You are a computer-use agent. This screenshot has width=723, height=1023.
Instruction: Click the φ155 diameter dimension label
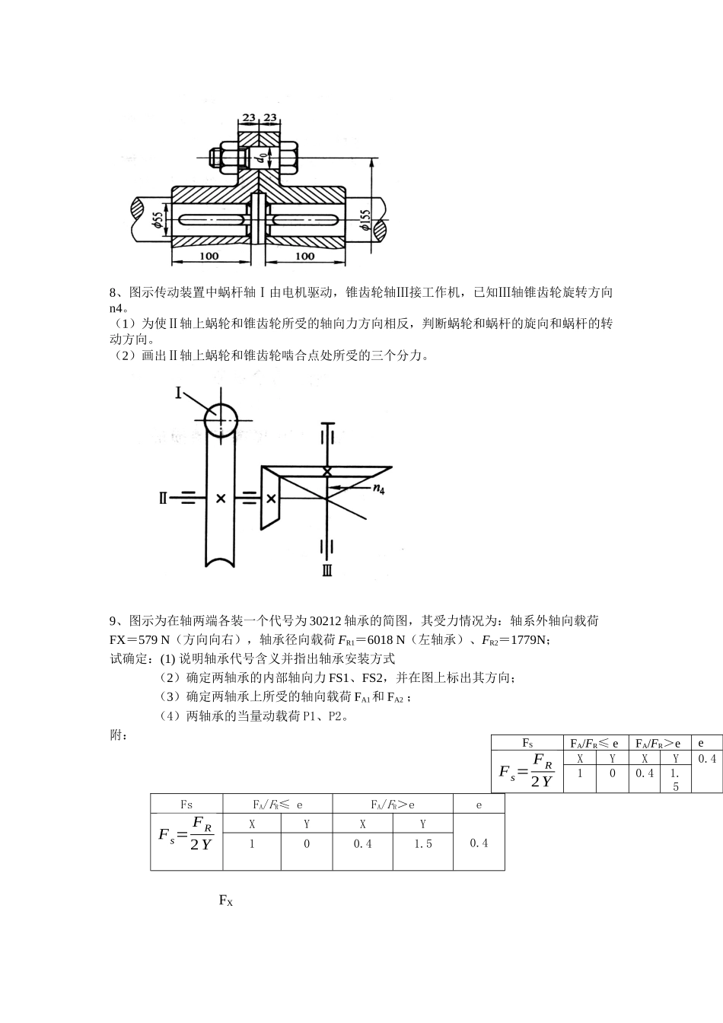point(366,221)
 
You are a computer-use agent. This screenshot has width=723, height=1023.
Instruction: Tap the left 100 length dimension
point(209,257)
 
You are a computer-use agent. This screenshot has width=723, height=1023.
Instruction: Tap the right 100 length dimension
point(304,257)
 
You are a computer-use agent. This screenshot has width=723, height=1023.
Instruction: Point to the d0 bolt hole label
point(261,158)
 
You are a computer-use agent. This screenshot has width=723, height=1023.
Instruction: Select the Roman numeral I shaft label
point(179,393)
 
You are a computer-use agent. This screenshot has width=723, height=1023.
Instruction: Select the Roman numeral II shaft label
point(162,499)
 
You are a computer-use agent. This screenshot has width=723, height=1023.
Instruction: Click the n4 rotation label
point(378,490)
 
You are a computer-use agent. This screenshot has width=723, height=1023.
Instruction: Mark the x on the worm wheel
point(221,499)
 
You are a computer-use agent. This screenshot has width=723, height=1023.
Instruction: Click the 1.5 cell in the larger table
point(423,844)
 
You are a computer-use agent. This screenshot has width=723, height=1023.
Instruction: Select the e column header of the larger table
point(479,805)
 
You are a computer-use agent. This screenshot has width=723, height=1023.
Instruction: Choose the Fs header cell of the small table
point(527,743)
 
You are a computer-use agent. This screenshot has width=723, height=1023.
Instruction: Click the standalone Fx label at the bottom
point(225,901)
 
